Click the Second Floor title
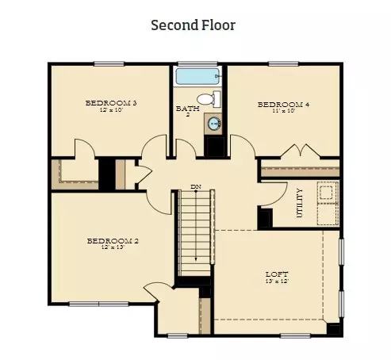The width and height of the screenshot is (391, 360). point(193,25)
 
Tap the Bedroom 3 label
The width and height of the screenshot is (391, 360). point(112,102)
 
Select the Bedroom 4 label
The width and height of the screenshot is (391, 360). point(281,104)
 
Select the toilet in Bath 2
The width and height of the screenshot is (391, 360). point(207,100)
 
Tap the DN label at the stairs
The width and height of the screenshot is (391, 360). point(194,187)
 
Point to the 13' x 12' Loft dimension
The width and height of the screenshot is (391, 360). point(276,281)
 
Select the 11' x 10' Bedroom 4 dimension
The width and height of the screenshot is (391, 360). point(281,111)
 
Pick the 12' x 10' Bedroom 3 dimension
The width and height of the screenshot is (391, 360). point(112,109)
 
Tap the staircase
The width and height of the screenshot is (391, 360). point(194,234)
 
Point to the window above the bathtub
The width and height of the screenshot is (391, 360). point(197,64)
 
